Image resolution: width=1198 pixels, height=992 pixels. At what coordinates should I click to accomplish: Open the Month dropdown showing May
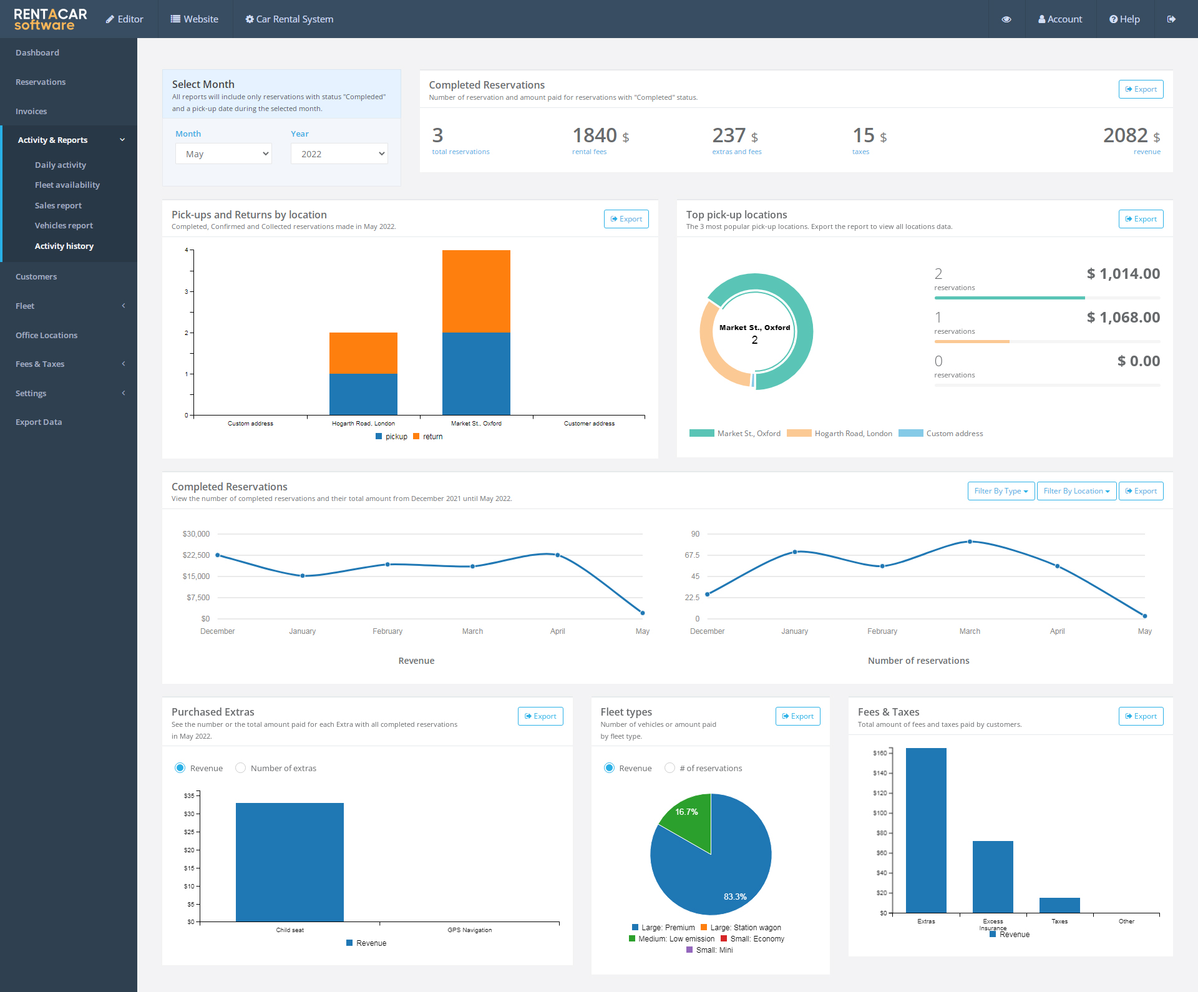(223, 154)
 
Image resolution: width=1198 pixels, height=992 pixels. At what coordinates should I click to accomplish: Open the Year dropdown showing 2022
(339, 154)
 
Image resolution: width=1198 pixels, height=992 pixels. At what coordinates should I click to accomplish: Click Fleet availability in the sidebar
(67, 185)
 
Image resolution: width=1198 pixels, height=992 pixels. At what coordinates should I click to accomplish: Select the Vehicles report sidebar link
(64, 225)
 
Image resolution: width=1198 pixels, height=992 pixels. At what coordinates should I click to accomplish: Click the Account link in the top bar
(1060, 19)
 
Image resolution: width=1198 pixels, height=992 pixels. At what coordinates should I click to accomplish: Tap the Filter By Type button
(1001, 491)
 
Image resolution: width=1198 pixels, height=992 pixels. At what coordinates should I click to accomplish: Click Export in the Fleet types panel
(797, 716)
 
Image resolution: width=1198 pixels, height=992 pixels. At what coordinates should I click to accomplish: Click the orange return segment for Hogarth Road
(363, 353)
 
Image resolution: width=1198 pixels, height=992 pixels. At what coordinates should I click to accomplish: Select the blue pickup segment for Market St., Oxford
(476, 373)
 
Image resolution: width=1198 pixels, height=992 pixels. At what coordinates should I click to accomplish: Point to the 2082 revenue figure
(1125, 135)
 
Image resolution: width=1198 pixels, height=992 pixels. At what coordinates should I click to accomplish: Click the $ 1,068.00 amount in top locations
(1123, 318)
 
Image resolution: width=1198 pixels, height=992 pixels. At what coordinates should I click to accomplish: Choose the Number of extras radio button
(241, 768)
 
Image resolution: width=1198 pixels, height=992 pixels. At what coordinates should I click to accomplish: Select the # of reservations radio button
(670, 768)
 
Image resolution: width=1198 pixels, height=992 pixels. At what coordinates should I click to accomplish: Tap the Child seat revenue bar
(290, 862)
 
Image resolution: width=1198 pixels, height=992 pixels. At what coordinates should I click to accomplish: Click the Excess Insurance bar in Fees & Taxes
(993, 877)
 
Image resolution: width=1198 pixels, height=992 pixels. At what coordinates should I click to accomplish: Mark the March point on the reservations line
(970, 542)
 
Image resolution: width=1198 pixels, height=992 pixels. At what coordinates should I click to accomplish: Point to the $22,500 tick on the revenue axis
(196, 555)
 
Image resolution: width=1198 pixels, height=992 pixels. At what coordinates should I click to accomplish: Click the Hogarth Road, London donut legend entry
(840, 434)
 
